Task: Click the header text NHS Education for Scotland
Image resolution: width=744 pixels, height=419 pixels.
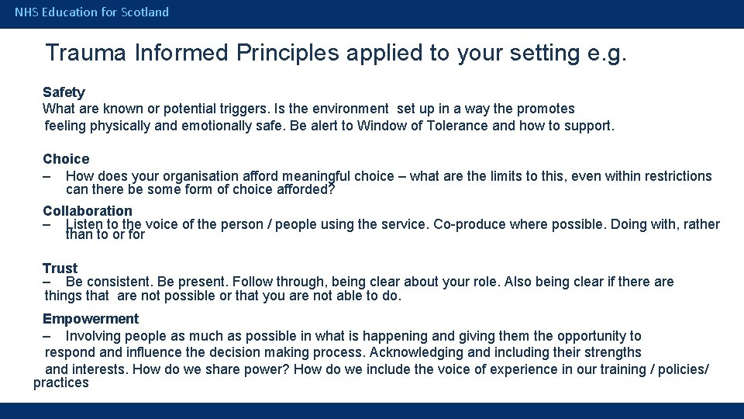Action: [91, 12]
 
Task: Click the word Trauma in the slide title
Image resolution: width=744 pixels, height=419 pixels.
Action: [86, 53]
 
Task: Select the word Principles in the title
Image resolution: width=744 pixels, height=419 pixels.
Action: [288, 53]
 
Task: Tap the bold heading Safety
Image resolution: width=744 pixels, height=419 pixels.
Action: [64, 92]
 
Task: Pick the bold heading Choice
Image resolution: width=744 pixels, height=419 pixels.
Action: [66, 159]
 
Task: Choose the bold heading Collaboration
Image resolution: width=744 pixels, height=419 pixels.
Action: [88, 211]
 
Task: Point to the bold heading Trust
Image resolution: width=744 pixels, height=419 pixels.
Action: [60, 268]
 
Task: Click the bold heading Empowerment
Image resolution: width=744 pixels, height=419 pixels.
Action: [91, 319]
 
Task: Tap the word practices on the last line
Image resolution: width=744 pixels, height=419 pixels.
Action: [61, 383]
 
